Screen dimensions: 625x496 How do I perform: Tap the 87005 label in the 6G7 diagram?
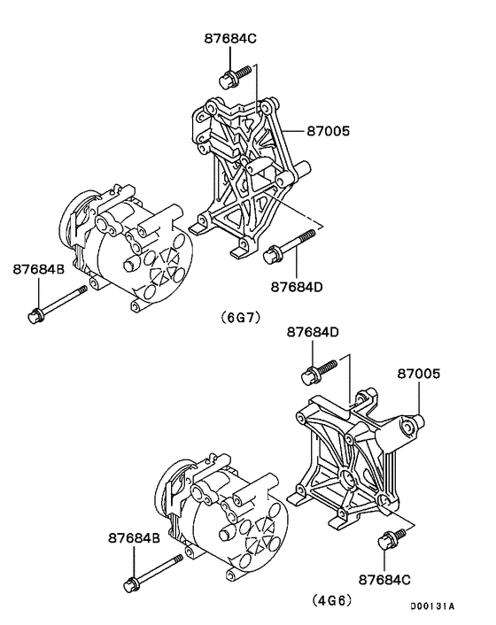(329, 132)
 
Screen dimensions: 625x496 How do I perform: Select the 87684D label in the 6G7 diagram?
(295, 287)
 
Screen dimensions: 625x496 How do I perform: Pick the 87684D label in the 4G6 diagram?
(313, 332)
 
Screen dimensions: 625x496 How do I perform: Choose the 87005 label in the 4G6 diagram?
(418, 374)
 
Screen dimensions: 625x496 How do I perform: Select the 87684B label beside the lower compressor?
(135, 537)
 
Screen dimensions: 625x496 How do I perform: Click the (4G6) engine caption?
(333, 600)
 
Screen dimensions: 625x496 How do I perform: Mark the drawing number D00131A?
(431, 606)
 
